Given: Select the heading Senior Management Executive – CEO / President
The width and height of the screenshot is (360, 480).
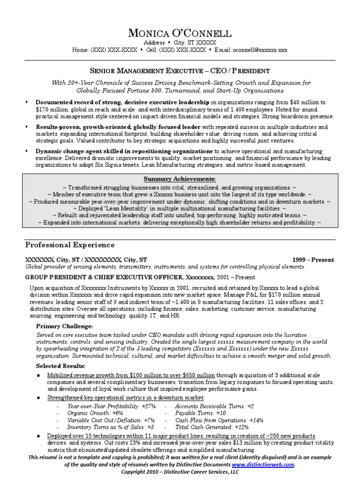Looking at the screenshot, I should coord(180,71).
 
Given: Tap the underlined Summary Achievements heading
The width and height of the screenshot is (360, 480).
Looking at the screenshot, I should coord(180,179).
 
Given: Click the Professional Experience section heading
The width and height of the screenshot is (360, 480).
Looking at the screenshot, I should coord(69,245).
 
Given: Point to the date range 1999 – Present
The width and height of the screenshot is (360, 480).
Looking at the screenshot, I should coord(313,260).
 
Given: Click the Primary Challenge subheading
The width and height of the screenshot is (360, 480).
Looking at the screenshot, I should coord(64,326).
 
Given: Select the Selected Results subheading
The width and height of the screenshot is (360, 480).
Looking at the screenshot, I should coord(61,366).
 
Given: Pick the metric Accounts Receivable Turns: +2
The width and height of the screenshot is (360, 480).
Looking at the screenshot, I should coord(214,406).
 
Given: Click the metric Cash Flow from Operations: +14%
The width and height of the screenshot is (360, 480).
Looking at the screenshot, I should coord(219,420).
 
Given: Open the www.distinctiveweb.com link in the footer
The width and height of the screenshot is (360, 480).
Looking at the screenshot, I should coord(269,464).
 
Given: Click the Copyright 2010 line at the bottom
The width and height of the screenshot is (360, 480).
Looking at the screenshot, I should coord(180,472).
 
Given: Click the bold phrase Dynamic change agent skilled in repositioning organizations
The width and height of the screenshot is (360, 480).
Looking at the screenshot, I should coord(124,151).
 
